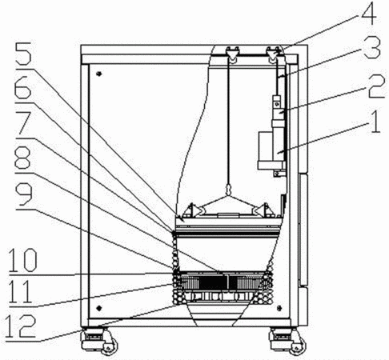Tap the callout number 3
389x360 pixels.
[372, 48]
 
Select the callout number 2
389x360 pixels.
[377, 86]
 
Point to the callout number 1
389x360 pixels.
[375, 122]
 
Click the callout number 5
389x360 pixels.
[24, 54]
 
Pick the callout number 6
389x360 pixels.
[23, 87]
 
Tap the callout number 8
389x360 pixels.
[22, 158]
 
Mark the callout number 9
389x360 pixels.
[24, 195]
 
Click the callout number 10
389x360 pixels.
[23, 260]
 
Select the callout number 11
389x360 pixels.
[20, 292]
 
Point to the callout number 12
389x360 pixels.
[20, 326]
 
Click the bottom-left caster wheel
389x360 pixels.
[109, 346]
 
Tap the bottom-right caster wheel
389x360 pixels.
[296, 346]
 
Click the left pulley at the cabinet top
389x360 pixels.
[231, 56]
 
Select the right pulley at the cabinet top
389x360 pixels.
[272, 56]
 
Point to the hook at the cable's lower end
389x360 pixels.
[229, 190]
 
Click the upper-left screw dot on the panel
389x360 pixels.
[99, 74]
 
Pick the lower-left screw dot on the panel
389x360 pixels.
[99, 308]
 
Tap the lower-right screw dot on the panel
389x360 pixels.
[279, 308]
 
